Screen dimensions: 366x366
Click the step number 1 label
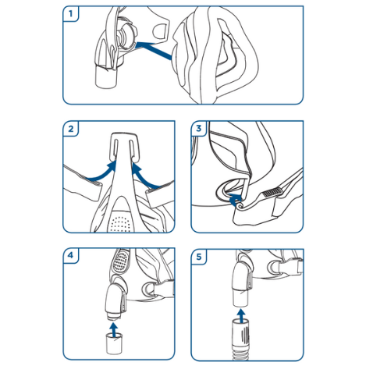coord(70,14)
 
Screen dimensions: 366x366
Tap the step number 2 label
coord(71,129)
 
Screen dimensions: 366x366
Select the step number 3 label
coord(199,128)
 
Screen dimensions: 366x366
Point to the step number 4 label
coord(70,255)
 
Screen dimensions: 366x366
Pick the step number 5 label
coord(199,257)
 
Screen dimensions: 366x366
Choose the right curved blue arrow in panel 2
coord(147,176)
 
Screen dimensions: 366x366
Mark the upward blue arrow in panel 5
coord(242,316)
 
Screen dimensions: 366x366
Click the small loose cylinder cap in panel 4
coord(114,344)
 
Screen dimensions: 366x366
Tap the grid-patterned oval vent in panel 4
coord(120,261)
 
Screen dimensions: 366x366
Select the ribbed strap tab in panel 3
coord(272,193)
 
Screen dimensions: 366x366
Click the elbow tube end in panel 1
coord(106,77)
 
